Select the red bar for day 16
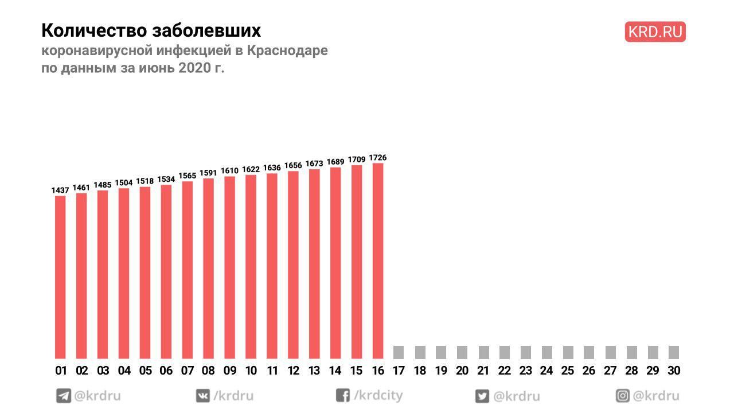[x=378, y=261]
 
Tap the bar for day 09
[x=230, y=267]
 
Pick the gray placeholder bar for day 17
[x=399, y=352]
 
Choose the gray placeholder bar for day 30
[x=674, y=352]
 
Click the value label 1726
[x=378, y=157]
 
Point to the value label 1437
[x=60, y=190]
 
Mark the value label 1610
[x=230, y=170]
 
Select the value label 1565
[x=188, y=176]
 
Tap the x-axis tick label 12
[x=294, y=371]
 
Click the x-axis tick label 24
[x=546, y=371]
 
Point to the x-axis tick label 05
[x=145, y=371]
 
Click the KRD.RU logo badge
[x=655, y=32]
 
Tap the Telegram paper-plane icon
[x=63, y=396]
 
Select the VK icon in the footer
[x=203, y=396]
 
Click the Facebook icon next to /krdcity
[x=343, y=396]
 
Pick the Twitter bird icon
[x=482, y=396]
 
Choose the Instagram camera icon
[x=623, y=396]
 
